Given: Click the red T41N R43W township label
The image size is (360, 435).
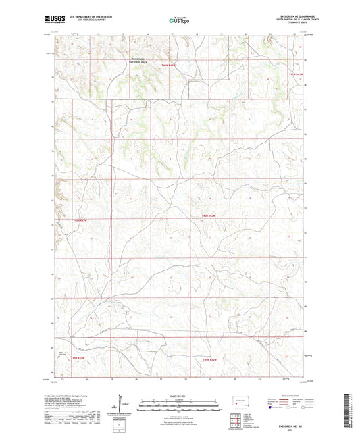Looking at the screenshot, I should [x=168, y=65].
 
